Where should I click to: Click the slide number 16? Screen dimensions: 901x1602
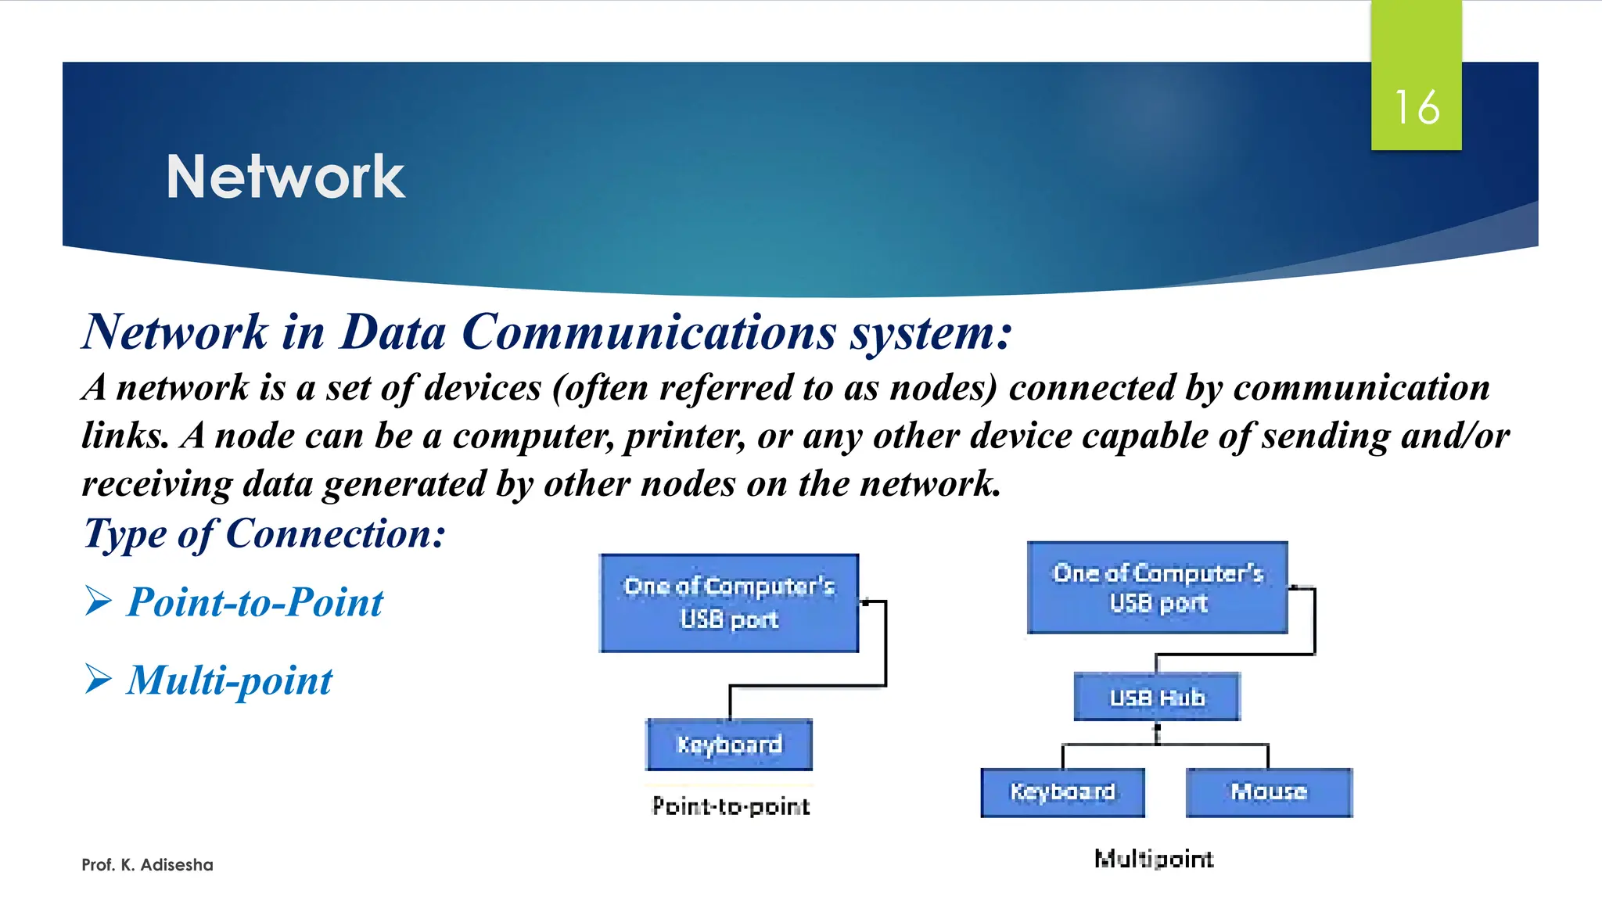pos(1416,107)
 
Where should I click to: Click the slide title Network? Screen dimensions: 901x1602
pos(285,177)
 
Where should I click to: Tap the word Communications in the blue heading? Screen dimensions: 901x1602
pos(648,332)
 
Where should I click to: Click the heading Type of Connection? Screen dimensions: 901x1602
pos(264,535)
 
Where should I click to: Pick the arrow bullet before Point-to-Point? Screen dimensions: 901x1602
pos(99,601)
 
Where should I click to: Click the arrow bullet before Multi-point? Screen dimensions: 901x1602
pos(99,678)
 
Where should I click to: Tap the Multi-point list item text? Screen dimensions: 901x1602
pos(230,680)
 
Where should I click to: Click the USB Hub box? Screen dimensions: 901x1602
pos(1156,696)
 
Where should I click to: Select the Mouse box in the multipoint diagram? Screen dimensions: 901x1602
pos(1268,792)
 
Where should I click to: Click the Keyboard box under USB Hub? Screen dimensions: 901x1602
pos(1062,792)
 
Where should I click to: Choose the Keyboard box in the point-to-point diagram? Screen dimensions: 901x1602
pos(729,745)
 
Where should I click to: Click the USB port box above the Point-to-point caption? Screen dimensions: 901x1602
pos(729,603)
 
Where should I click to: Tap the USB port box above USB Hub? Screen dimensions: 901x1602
pos(1157,587)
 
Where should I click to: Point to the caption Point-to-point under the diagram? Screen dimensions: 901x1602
pos(731,806)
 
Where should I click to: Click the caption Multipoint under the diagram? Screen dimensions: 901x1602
pos(1154,859)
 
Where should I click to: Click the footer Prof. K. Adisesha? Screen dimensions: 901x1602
pos(147,865)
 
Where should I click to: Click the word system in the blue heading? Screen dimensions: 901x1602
pos(929,332)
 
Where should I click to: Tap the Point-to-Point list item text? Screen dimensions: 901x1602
pos(255,602)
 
